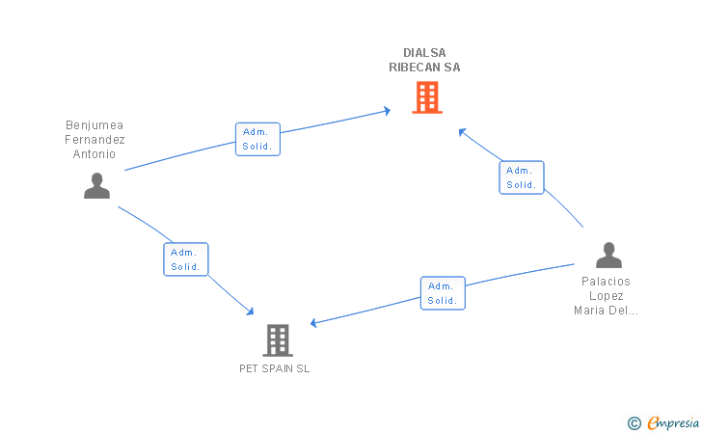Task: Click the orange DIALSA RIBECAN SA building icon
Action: click(427, 97)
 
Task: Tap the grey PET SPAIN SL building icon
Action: click(278, 340)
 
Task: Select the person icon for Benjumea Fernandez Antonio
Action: click(96, 185)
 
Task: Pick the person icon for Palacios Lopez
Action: click(608, 255)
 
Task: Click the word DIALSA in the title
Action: click(424, 53)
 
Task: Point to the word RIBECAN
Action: click(415, 68)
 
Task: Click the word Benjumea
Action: click(94, 125)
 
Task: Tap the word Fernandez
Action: click(94, 140)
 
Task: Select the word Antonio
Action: click(94, 154)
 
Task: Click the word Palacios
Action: click(606, 282)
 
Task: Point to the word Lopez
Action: click(607, 296)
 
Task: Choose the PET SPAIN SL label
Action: click(275, 368)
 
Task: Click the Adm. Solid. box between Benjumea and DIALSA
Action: click(257, 139)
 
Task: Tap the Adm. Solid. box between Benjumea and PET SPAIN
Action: click(186, 259)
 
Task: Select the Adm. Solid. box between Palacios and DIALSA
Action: click(522, 177)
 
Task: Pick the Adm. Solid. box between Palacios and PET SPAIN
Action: click(443, 293)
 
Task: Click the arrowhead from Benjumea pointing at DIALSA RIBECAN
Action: click(388, 110)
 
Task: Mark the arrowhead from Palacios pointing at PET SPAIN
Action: click(313, 323)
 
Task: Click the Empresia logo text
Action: click(673, 422)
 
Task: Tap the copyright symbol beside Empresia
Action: click(634, 423)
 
